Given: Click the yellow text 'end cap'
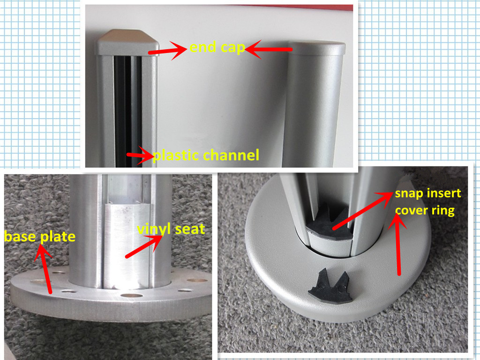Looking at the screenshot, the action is point(217,47).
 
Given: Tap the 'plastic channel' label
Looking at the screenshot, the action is point(206,155).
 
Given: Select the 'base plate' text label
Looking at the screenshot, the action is point(40,237).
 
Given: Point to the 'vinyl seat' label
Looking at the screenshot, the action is point(171,229).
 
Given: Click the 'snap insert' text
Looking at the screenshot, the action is point(428,194).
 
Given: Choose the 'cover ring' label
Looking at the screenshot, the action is point(425,211).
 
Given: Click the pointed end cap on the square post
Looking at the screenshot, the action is point(127,42).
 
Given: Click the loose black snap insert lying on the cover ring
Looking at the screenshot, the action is point(330,288).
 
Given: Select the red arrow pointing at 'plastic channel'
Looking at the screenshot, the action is point(140,156).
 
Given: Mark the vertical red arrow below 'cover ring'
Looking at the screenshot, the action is point(397,244).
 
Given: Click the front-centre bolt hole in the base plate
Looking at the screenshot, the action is point(132,296).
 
